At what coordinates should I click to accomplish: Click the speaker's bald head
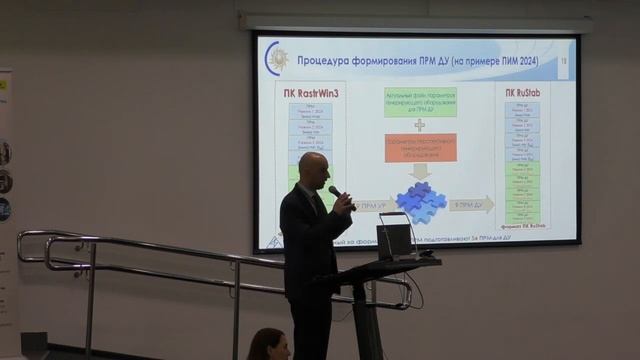314,166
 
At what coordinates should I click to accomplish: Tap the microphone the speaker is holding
335,191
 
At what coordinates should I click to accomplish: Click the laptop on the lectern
394,240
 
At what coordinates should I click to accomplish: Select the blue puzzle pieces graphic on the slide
420,202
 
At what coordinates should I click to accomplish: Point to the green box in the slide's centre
420,103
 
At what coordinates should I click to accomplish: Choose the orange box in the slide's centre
420,147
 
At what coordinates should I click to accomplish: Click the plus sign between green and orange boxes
420,125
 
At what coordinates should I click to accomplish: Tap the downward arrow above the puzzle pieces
420,171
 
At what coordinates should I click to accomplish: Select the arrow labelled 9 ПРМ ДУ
470,204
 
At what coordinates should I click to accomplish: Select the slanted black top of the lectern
390,268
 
